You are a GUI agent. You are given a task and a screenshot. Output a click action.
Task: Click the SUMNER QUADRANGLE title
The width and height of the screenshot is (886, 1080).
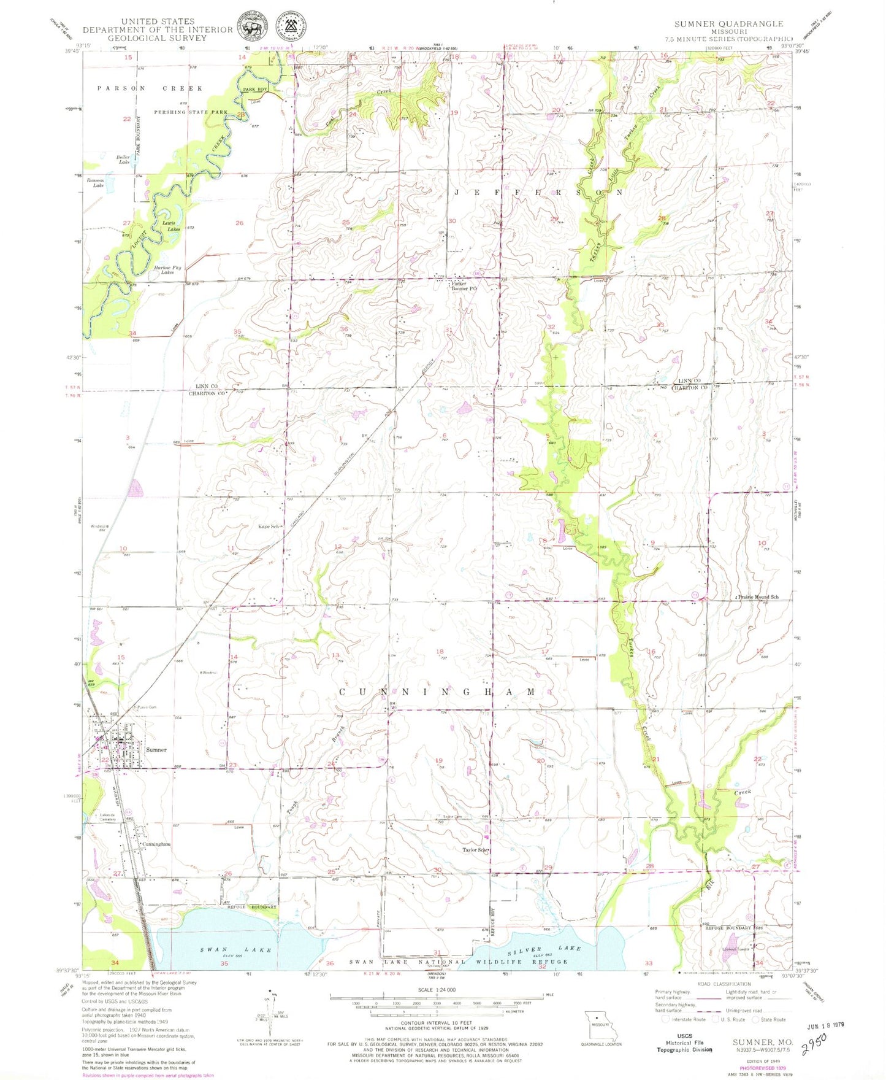[728, 24]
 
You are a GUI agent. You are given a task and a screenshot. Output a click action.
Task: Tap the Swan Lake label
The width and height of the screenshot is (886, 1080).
[236, 950]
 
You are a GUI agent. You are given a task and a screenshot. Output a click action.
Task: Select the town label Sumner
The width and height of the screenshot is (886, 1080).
[156, 750]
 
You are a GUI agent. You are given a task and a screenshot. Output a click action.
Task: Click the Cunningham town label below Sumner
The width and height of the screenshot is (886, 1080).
[156, 844]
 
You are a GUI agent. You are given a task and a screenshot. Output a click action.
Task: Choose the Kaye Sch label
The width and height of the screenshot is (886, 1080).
[269, 526]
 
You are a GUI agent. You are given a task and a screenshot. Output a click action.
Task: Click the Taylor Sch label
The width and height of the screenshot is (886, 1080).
[475, 850]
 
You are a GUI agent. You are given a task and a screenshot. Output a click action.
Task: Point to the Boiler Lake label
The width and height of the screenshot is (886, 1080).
[123, 160]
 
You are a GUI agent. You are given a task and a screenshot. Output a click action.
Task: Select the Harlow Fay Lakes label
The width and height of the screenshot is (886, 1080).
[167, 270]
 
